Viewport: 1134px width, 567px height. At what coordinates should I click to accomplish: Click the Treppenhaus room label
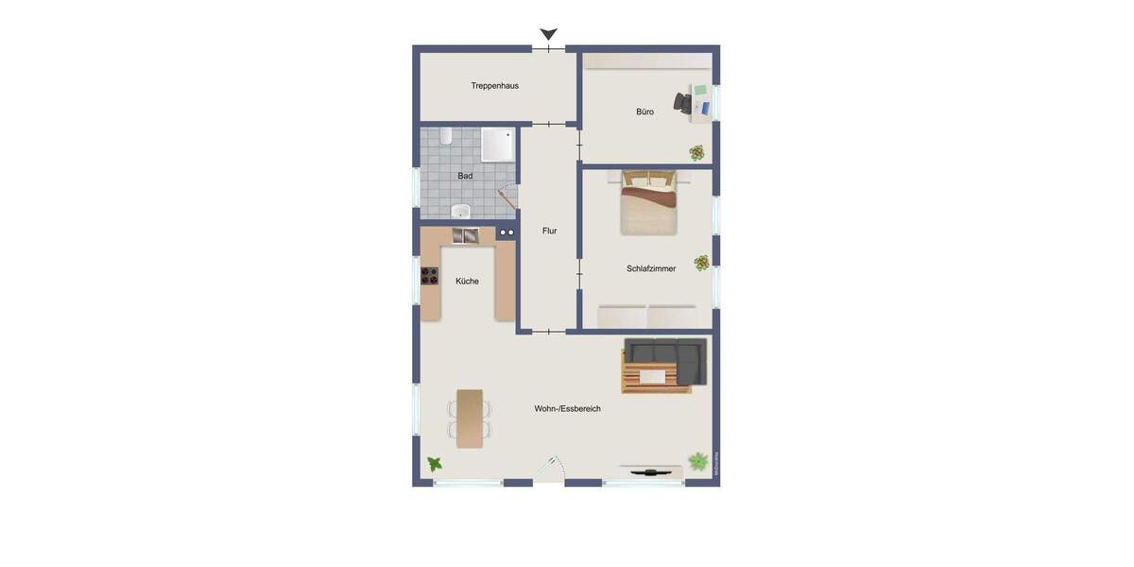pos(494,86)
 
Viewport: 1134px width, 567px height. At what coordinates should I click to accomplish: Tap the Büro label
pos(644,112)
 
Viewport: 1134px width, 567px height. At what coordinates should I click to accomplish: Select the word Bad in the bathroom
pos(465,176)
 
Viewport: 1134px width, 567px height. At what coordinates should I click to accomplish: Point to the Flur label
pos(549,231)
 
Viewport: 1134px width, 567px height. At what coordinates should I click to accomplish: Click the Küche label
pos(467,281)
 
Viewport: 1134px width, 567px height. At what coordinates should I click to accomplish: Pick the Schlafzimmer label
pos(651,268)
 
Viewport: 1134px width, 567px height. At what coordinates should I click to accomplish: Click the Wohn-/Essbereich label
pos(567,409)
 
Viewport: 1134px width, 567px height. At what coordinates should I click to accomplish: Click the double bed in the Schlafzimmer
pos(648,203)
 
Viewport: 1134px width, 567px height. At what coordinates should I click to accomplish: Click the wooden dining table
pos(470,418)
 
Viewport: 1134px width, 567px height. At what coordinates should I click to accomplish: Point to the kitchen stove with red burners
pos(430,276)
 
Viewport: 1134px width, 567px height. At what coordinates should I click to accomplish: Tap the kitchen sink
pos(465,235)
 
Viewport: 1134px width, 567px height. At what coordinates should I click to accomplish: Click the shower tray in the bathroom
pos(498,145)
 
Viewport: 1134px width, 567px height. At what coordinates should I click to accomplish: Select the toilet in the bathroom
pos(445,136)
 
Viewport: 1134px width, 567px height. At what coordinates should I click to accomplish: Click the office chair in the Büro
pos(683,101)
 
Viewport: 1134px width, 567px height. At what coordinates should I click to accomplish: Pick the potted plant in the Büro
pos(696,152)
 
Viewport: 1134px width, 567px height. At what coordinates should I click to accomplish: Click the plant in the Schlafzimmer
pos(701,263)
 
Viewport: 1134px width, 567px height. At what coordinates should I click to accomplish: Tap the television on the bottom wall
pos(650,470)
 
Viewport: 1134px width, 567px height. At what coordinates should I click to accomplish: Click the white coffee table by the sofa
pos(653,376)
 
